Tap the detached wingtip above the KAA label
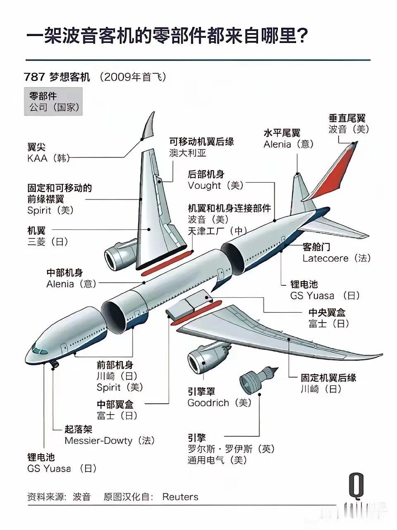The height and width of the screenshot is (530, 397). click(149, 125)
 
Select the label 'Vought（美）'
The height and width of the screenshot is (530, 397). click(216, 185)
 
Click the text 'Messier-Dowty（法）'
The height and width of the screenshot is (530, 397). click(110, 441)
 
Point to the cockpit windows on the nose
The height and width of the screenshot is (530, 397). click(39, 350)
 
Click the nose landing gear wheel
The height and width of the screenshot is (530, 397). click(54, 364)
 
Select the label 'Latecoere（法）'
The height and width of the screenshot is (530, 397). click(337, 258)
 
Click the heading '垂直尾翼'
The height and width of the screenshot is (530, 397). click(347, 118)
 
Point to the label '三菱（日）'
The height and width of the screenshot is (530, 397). click(48, 242)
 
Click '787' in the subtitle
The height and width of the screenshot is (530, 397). click(34, 77)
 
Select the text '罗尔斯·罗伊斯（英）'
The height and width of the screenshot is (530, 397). click(231, 449)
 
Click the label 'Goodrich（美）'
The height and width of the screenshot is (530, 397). click(220, 403)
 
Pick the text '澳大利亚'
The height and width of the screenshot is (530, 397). click(187, 153)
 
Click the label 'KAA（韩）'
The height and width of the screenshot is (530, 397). click(48, 159)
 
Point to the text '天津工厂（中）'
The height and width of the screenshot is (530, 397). click(217, 231)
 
